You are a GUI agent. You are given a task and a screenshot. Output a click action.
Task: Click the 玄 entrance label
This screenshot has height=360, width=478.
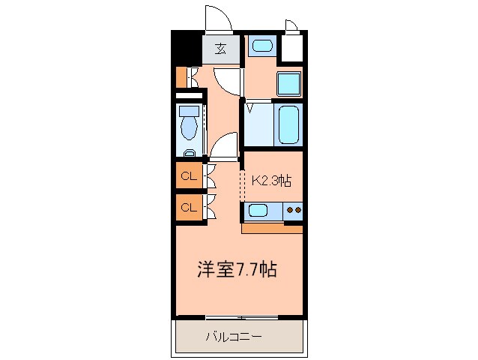coord(221,49)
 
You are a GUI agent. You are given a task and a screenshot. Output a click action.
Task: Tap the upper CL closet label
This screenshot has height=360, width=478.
coord(189,178)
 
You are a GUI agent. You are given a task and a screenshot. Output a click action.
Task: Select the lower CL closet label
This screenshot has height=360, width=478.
coord(189,208)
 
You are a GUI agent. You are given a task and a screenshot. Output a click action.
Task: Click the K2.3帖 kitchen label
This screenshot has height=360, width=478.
coord(271,181)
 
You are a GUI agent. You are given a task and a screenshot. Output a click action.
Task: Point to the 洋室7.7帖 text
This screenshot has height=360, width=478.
coord(238,269)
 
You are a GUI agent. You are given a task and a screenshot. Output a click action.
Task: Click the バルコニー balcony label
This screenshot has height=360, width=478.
coord(234,337)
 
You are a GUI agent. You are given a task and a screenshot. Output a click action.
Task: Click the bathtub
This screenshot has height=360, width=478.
coord(288,124)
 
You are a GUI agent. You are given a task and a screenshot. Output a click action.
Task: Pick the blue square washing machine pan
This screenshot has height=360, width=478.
coord(289,83)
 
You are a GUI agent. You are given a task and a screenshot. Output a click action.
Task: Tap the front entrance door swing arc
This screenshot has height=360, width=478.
coord(217,19)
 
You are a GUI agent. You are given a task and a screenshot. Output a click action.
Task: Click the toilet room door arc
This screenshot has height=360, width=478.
coord(223,144)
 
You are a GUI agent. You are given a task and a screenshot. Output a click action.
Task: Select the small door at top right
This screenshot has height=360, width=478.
coord(293,27)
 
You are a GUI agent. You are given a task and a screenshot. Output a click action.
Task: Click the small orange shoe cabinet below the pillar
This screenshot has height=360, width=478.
coord(181,76)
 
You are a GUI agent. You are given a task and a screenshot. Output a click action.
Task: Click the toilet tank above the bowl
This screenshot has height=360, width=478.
coord(188,110)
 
